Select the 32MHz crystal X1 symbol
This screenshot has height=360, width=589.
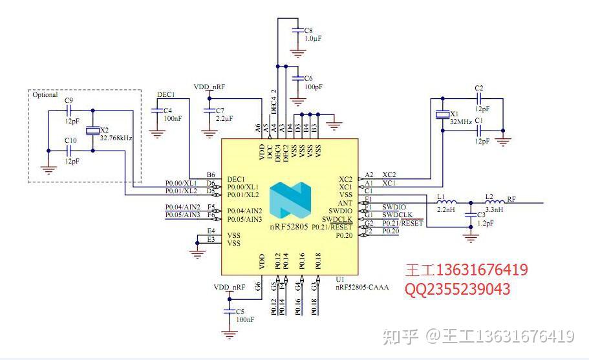[442, 115]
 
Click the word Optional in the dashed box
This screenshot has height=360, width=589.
[45, 95]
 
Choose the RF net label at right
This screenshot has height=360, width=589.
[511, 199]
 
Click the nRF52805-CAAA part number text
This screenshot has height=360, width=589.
[362, 287]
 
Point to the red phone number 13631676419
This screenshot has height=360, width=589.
[482, 270]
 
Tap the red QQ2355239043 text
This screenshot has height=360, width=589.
[458, 289]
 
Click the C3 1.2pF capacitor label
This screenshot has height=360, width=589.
[485, 218]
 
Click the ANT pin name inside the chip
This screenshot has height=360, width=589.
[345, 203]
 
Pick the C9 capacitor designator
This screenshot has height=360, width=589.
[69, 100]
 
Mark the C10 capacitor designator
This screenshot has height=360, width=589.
[70, 140]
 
